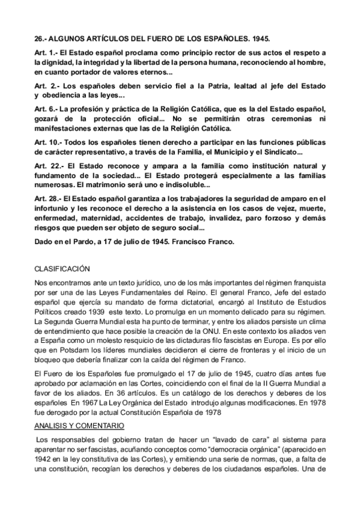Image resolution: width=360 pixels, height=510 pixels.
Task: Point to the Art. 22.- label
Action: pos(48,165)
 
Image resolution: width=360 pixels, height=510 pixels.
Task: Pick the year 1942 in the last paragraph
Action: pos(44,458)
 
